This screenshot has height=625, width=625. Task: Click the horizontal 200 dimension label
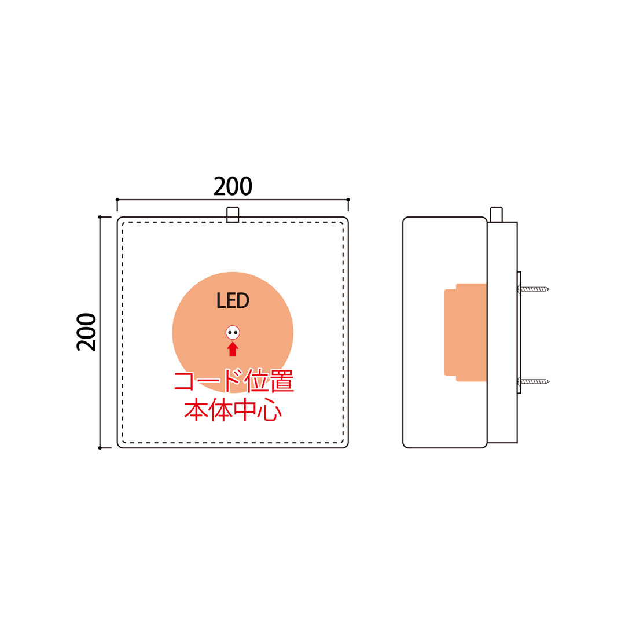[233, 186]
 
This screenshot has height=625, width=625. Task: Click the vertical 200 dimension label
[86, 332]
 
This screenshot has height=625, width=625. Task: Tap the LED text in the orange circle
[233, 300]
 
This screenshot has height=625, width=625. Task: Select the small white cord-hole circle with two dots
[233, 332]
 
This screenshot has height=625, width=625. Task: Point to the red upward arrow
[233, 349]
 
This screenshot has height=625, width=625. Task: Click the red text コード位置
[234, 381]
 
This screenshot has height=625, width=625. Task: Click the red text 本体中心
[233, 410]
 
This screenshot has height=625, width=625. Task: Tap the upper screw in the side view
[534, 289]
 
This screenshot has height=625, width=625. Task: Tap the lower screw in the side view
[534, 381]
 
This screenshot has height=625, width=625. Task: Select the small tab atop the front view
[233, 215]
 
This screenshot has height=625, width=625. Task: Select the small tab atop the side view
[497, 215]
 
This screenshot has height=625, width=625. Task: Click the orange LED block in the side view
[465, 332]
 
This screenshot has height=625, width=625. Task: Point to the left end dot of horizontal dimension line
[117, 200]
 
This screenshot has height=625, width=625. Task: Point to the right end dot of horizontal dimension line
[348, 200]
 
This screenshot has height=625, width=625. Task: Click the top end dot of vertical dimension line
[100, 217]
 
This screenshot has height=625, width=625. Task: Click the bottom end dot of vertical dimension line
[100, 448]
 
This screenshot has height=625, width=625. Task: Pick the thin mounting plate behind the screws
[519, 333]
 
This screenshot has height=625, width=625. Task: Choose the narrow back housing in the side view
[502, 332]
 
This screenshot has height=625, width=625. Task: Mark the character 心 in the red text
[270, 410]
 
